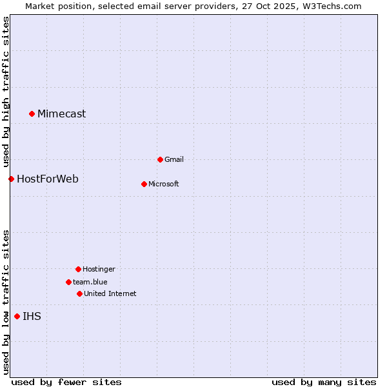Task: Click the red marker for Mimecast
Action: point(32,114)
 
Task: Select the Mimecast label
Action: point(61,114)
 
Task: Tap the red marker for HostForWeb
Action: point(11,179)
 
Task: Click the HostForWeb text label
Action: point(48,179)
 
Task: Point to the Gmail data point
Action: point(160,159)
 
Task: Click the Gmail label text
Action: point(174,159)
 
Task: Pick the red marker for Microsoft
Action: point(144,184)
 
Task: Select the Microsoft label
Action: point(164,184)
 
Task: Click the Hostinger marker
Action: point(78,269)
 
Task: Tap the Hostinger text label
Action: point(99,269)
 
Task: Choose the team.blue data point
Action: point(68,282)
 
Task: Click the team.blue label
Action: point(90,282)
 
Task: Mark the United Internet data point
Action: point(79,293)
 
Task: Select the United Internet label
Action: point(110,293)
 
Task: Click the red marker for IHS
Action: point(17,316)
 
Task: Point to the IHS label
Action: point(32,316)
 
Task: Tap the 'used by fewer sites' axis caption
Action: point(66,382)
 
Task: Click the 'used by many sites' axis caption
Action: point(324,382)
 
